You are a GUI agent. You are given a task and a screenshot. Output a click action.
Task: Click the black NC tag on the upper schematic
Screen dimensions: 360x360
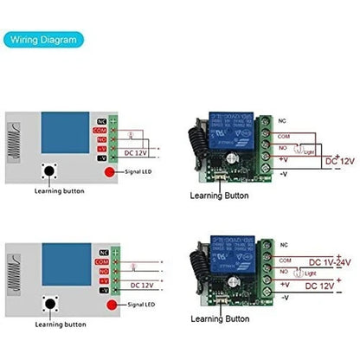click(102, 121)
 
